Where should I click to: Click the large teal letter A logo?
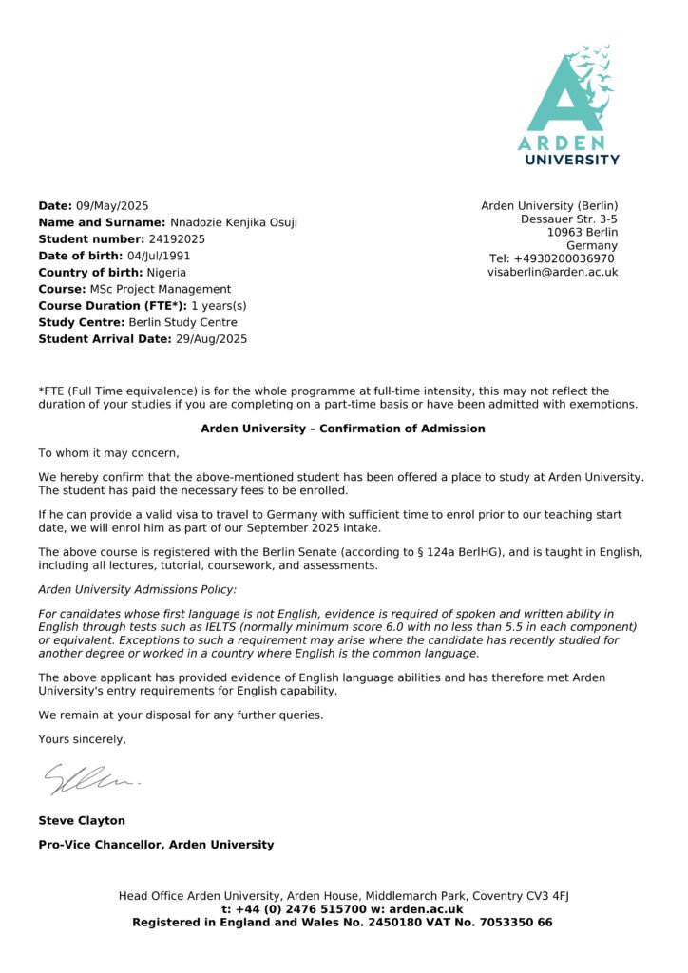[567, 91]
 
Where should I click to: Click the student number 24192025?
[176, 239]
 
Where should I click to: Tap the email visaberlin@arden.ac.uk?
[552, 272]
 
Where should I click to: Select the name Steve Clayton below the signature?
[82, 820]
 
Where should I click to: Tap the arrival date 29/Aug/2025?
[211, 339]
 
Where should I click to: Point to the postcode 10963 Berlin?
[582, 232]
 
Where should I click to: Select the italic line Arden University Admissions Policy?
[138, 590]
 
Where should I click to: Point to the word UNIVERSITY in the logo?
[572, 160]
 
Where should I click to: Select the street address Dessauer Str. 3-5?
[568, 219]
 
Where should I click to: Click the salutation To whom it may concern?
[108, 453]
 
